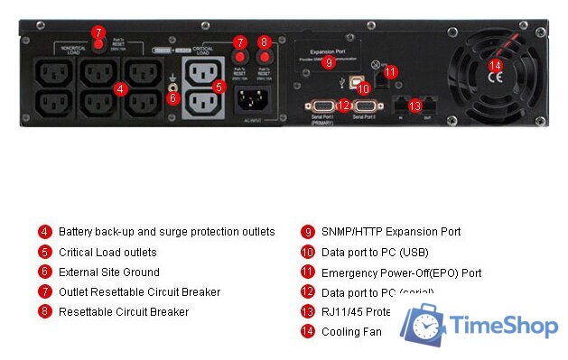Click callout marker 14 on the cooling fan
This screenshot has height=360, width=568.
click(x=494, y=65)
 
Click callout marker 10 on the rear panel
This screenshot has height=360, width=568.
click(x=362, y=88)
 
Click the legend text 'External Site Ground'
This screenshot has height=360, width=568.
click(x=108, y=272)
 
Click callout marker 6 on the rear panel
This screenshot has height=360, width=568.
click(x=174, y=97)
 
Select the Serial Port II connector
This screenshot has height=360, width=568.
click(x=366, y=106)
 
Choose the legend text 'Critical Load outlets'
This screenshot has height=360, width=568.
click(x=107, y=252)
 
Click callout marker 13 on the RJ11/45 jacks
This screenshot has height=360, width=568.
click(x=414, y=106)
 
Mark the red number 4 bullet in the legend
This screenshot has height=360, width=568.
click(x=45, y=232)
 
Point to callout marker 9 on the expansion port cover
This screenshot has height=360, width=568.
click(x=329, y=63)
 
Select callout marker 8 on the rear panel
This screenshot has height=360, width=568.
click(x=265, y=42)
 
